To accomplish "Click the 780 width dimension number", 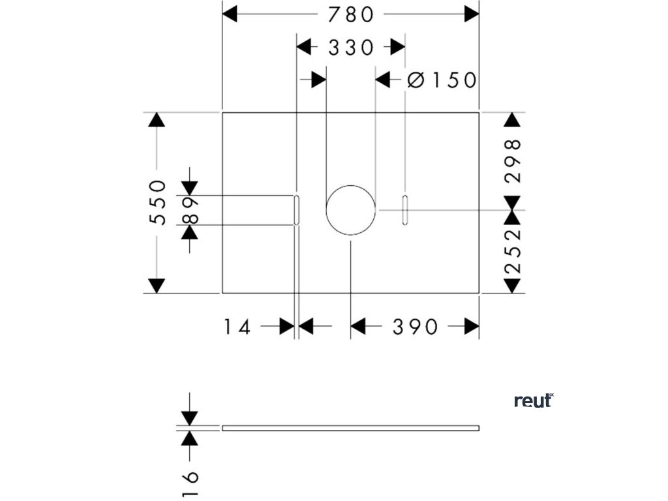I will tap(351, 14).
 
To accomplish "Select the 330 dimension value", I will tap(351, 47).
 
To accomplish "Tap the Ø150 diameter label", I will tap(442, 80).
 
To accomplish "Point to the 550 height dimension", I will tap(159, 202).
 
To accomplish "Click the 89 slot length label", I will tap(190, 211).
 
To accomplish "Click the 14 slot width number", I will tap(237, 326).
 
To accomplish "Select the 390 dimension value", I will tap(415, 326).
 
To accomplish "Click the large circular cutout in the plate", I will tap(351, 210).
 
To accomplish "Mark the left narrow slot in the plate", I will tap(297, 210).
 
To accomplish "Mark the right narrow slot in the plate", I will tap(405, 210).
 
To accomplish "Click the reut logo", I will tap(534, 401).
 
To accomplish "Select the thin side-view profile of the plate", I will tap(351, 428).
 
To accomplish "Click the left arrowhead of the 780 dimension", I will tap(230, 14).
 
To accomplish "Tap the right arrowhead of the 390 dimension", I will tap(472, 326).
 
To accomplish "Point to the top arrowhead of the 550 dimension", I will tap(157, 120).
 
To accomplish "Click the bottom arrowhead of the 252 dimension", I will tap(513, 285).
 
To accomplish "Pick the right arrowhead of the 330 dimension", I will tap(397, 47).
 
